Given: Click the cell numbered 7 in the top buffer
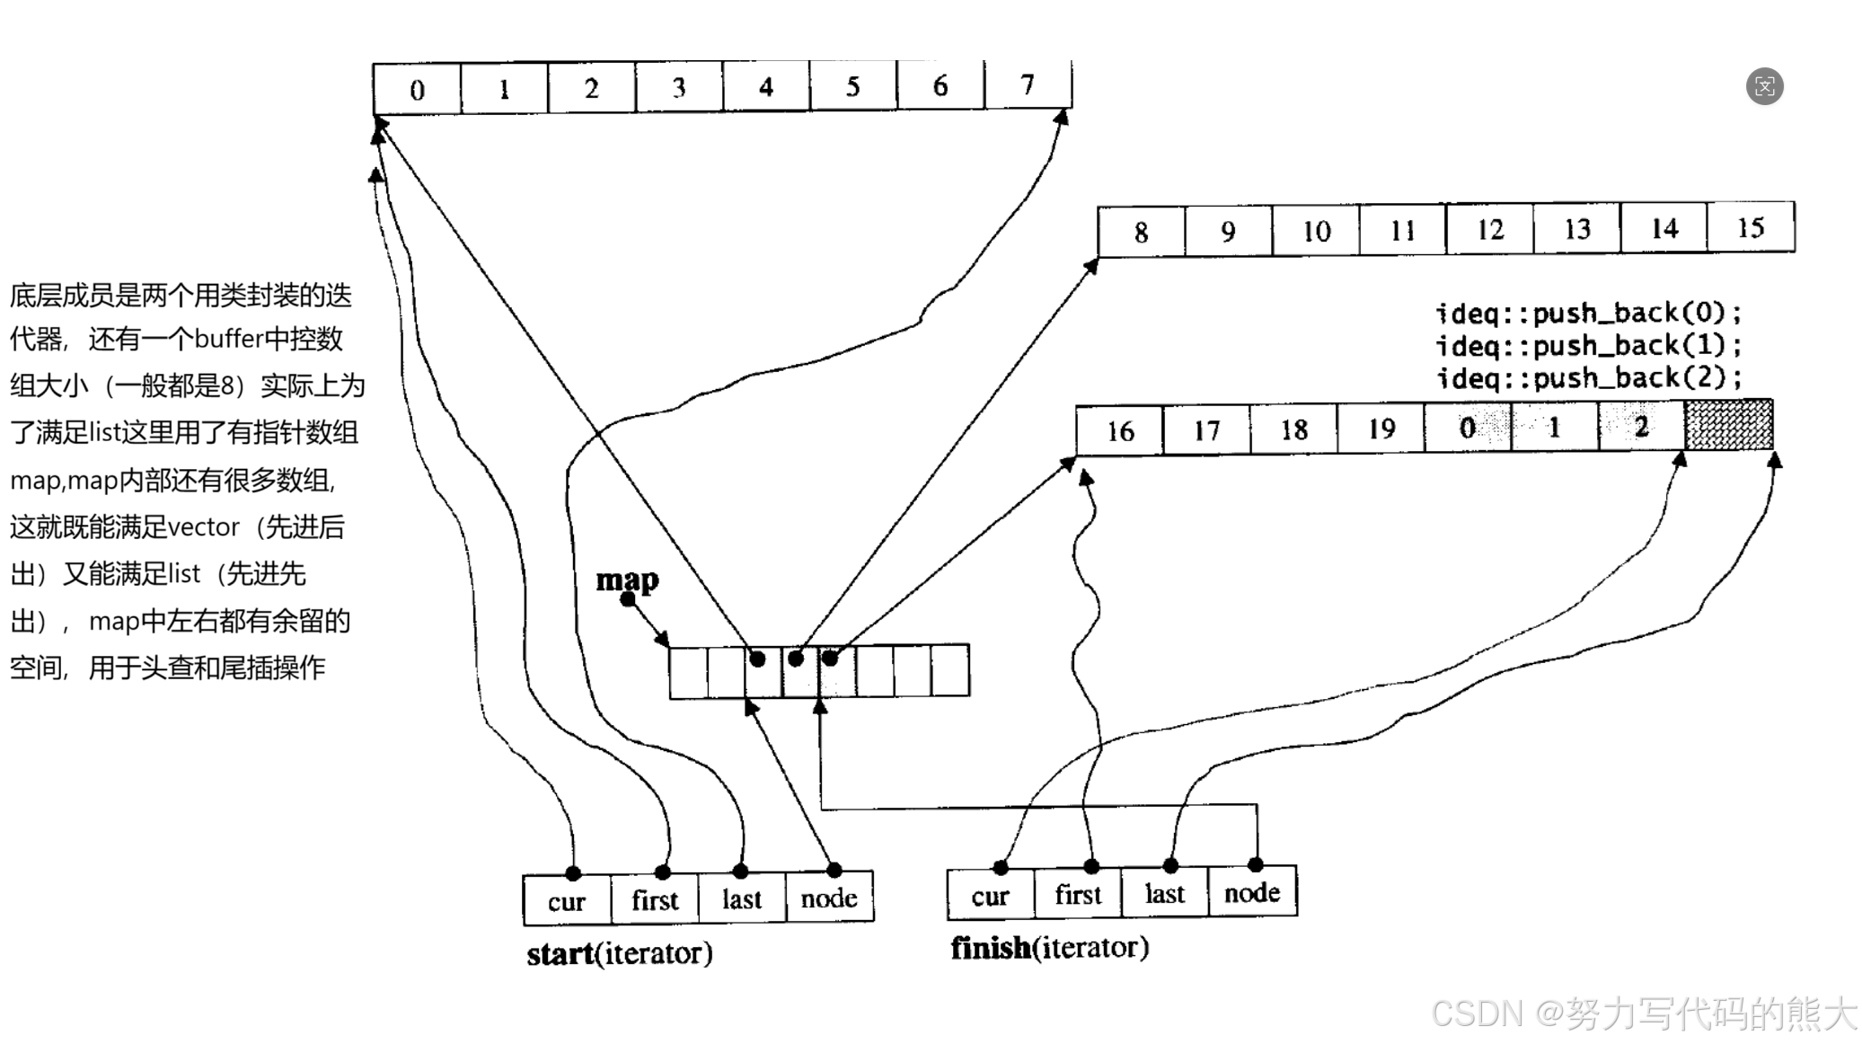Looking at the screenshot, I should click(1028, 85).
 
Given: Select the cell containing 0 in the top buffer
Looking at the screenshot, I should click(418, 89).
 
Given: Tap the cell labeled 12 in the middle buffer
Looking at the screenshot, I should click(1489, 229).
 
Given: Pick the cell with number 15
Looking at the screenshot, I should click(1751, 227).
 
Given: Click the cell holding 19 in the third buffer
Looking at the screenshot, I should click(1381, 429).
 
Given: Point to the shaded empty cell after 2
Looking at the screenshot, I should click(1729, 425).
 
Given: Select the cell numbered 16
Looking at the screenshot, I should click(1119, 431).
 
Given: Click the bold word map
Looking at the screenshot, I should click(627, 580).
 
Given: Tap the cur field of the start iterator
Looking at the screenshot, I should click(567, 900).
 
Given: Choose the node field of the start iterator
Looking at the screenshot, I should click(829, 898).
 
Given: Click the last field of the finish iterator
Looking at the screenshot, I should click(1165, 894).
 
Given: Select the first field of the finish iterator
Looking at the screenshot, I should click(1078, 895).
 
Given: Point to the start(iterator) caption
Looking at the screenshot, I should click(620, 953).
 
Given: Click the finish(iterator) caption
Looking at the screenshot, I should click(1050, 947).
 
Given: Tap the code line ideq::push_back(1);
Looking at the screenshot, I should click(1588, 345).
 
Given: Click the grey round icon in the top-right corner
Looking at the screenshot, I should click(1764, 86).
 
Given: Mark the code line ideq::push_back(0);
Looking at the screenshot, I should click(1588, 313).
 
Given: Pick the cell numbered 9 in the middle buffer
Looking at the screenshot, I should click(1228, 232).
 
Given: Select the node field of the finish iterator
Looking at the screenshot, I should click(1252, 893).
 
